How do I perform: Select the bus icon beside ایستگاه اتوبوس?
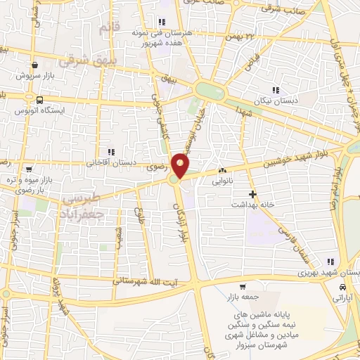point(41,100)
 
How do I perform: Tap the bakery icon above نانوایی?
point(223,170)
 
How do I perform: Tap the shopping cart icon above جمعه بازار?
point(243,287)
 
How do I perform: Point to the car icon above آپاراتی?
point(342,288)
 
